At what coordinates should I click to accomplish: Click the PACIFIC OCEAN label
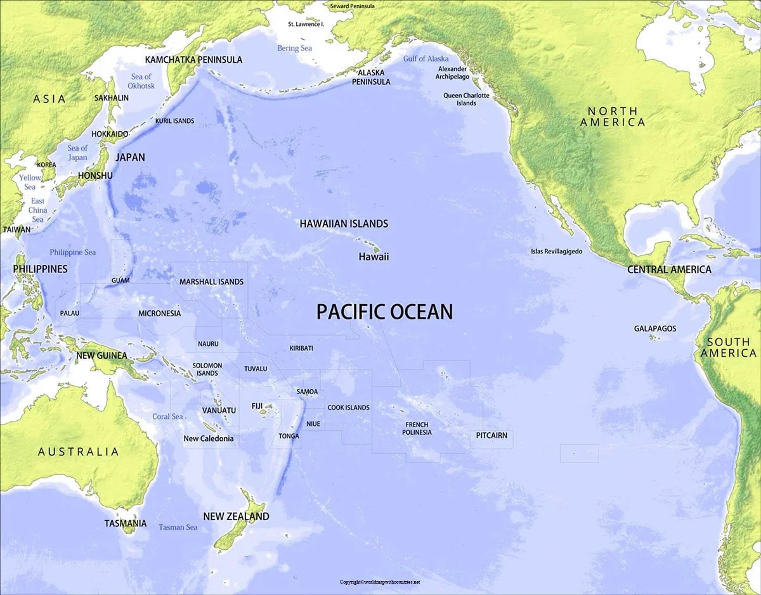[x=384, y=312]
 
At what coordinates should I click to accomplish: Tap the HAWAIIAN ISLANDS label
[x=344, y=224]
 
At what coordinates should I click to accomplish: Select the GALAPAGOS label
[x=655, y=329]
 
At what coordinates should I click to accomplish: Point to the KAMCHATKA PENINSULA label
[x=193, y=60]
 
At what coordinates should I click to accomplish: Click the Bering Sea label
[x=294, y=48]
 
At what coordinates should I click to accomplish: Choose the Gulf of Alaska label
[x=426, y=59]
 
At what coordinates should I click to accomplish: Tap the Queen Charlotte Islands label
[x=466, y=99]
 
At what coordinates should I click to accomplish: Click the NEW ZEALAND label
[x=236, y=516]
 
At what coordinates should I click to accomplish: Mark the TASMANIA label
[x=126, y=523]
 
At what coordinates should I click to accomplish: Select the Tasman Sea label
[x=178, y=527]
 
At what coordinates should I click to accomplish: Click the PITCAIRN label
[x=491, y=435]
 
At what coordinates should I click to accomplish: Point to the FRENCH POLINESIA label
[x=417, y=428]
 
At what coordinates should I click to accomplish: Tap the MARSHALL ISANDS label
[x=211, y=282]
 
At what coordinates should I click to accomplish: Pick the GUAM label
[x=120, y=280]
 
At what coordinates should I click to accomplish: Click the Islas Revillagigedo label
[x=556, y=252]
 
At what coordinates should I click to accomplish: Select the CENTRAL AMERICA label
[x=669, y=269]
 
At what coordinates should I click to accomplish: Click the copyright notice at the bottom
[x=380, y=582]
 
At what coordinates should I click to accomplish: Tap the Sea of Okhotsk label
[x=141, y=81]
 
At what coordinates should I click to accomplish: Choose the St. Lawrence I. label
[x=306, y=24]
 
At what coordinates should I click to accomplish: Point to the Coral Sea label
[x=167, y=417]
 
